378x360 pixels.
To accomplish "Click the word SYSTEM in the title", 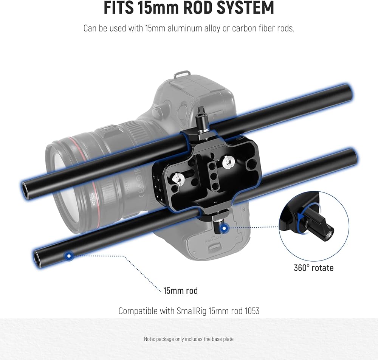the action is point(245,8).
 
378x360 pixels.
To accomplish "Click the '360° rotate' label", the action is point(314,268).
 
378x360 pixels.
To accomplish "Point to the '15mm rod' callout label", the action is point(181,290).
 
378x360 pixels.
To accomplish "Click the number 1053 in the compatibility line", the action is point(252,311).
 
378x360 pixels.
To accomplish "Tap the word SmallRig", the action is point(192,311).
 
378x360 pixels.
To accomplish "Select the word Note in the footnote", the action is point(149,339).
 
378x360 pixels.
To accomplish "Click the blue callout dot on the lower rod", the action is point(70,256).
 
